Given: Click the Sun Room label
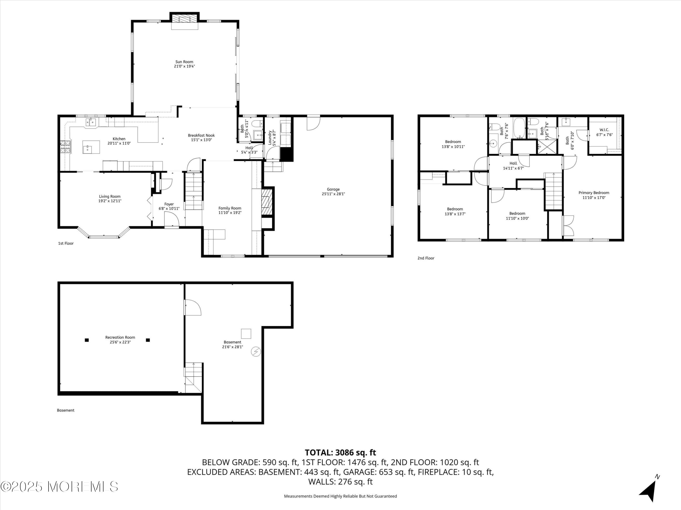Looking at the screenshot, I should coord(184,62).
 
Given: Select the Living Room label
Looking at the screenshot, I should coord(110,197).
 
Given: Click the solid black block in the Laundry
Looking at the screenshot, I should coord(286,154).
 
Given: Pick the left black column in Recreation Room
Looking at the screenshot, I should coord(87,340).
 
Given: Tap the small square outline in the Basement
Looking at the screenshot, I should coord(246,334).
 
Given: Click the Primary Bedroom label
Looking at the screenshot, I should coord(594,193).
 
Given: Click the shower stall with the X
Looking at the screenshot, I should coord(547,147).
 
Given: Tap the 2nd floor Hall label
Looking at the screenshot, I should coord(513,163).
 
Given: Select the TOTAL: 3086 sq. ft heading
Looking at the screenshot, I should coord(340,452).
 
